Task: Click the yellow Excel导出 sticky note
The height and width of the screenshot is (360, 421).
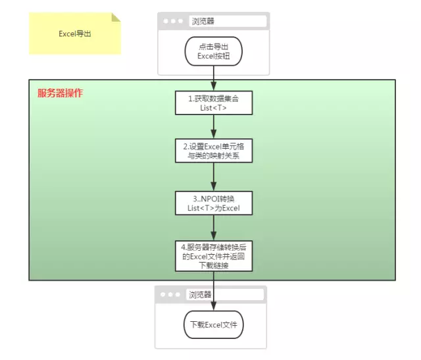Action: tap(74, 34)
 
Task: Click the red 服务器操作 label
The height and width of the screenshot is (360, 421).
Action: tap(60, 93)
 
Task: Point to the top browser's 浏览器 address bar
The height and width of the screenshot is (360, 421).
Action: tap(227, 21)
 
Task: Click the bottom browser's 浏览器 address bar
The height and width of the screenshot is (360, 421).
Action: tap(225, 295)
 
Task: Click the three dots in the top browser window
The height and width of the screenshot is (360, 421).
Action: tap(173, 21)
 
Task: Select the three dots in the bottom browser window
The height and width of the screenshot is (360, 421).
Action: tap(170, 295)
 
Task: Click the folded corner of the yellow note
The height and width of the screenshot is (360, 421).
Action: tap(116, 17)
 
